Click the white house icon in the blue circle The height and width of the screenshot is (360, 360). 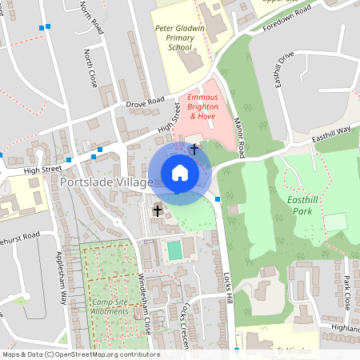coord(179,173)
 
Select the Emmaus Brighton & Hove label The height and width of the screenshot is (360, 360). coord(202,106)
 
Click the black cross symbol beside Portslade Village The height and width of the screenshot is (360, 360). coord(158,210)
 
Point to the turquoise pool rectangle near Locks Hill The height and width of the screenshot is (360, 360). coord(174,250)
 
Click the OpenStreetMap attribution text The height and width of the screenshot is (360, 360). coord(80,354)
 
